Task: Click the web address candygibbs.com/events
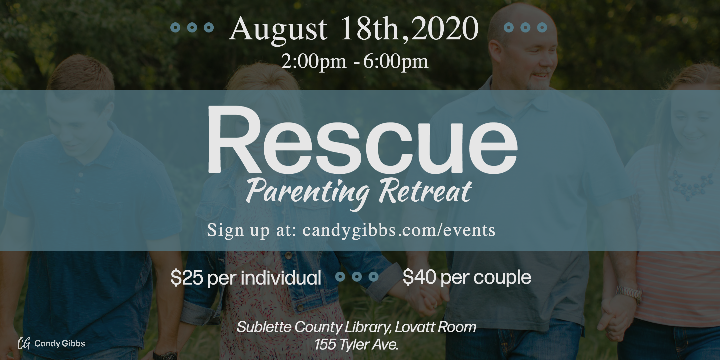[399, 230]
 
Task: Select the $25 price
[187, 277]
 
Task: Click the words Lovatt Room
[435, 327]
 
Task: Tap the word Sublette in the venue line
[264, 327]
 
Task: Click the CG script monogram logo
[24, 343]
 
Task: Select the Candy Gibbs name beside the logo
[60, 343]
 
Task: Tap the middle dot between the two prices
[357, 277]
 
